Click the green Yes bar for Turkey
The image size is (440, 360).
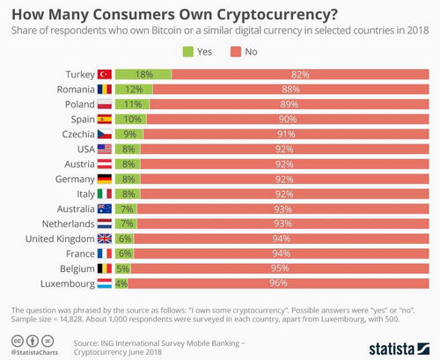point(143,76)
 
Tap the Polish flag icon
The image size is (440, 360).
point(104,104)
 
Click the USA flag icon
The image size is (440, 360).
point(104,150)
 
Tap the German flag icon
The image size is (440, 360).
point(104,178)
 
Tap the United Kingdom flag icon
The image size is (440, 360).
point(104,238)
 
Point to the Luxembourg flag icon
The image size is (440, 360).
point(104,283)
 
